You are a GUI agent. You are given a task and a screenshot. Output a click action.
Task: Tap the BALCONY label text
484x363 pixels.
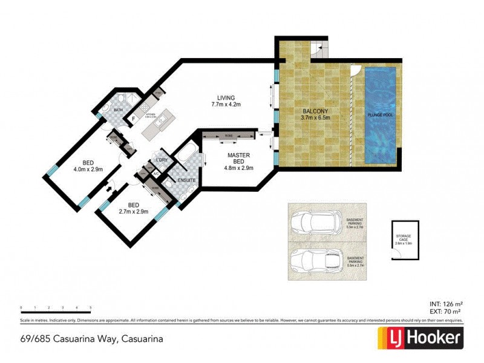coord(314,111)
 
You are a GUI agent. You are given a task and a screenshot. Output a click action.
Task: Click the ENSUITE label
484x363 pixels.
coord(186,180)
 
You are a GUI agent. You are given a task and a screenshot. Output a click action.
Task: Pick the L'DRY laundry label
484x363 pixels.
coord(162,160)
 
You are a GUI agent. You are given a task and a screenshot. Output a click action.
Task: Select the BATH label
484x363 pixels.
coord(119,110)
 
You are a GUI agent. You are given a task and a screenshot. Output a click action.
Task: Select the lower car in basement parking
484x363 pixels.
coord(315,261)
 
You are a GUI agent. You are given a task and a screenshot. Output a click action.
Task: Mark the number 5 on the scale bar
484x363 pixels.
coord(91,308)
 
